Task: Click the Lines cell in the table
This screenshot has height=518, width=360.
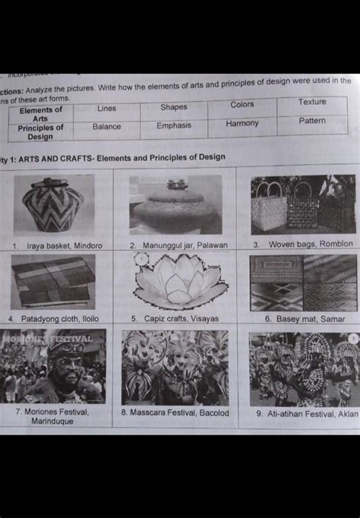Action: click(106, 109)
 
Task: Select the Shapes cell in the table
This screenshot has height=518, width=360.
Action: click(173, 107)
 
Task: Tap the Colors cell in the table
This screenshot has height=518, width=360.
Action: click(242, 104)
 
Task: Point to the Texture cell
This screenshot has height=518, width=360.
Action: click(312, 102)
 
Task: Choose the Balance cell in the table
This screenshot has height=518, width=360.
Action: click(106, 127)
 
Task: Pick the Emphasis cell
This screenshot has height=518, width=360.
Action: click(174, 125)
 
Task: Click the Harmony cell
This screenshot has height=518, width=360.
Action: click(242, 123)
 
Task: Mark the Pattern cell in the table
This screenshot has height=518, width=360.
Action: click(312, 121)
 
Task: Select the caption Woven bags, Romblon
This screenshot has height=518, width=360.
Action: click(303, 244)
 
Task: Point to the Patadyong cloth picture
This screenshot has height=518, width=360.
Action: click(52, 281)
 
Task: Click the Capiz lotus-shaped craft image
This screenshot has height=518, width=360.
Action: click(180, 281)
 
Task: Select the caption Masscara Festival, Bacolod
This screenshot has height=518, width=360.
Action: click(175, 413)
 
